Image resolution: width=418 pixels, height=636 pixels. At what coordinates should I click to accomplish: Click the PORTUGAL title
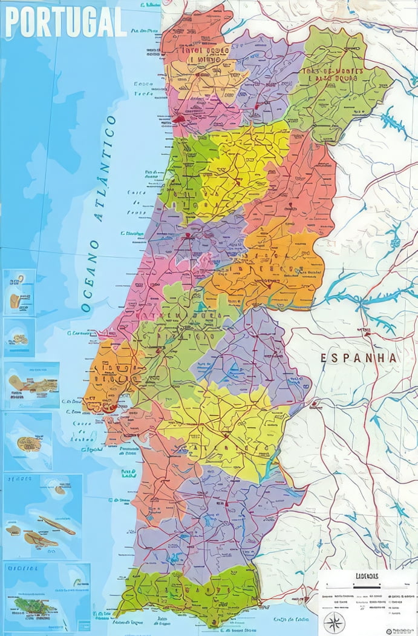(x=65, y=22)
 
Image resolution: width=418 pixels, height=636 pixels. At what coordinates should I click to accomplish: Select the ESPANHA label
(x=359, y=358)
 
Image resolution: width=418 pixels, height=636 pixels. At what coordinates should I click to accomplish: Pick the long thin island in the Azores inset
(x=57, y=524)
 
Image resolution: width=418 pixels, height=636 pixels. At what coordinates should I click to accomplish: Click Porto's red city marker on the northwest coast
(x=180, y=119)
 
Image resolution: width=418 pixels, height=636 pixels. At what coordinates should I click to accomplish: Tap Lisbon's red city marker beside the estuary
(x=109, y=408)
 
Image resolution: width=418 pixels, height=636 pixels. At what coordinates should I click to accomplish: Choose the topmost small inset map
(x=19, y=293)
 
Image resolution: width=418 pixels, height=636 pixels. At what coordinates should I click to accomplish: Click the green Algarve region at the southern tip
(x=188, y=594)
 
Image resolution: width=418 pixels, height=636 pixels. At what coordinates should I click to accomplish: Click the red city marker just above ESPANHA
(x=366, y=332)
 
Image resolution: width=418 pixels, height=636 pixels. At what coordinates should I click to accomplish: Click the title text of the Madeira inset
(x=23, y=568)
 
